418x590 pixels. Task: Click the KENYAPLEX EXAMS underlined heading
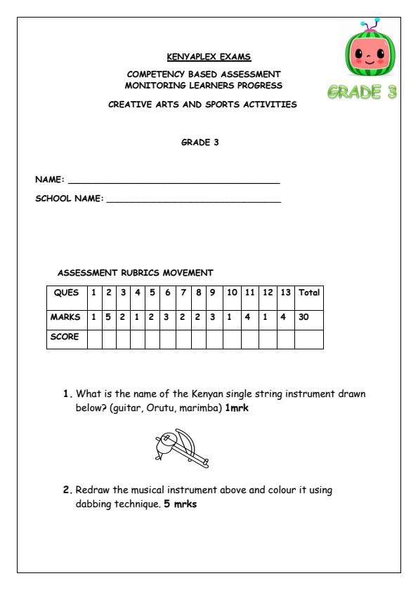(208, 56)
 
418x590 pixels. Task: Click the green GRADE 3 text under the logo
(363, 93)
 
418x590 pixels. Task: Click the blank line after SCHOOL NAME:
(193, 201)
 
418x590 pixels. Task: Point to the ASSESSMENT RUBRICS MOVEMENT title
(135, 272)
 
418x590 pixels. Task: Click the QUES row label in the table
(67, 293)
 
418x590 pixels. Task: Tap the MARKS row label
(66, 316)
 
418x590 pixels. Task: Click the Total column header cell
(309, 293)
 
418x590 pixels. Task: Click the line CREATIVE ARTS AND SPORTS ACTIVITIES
(202, 105)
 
